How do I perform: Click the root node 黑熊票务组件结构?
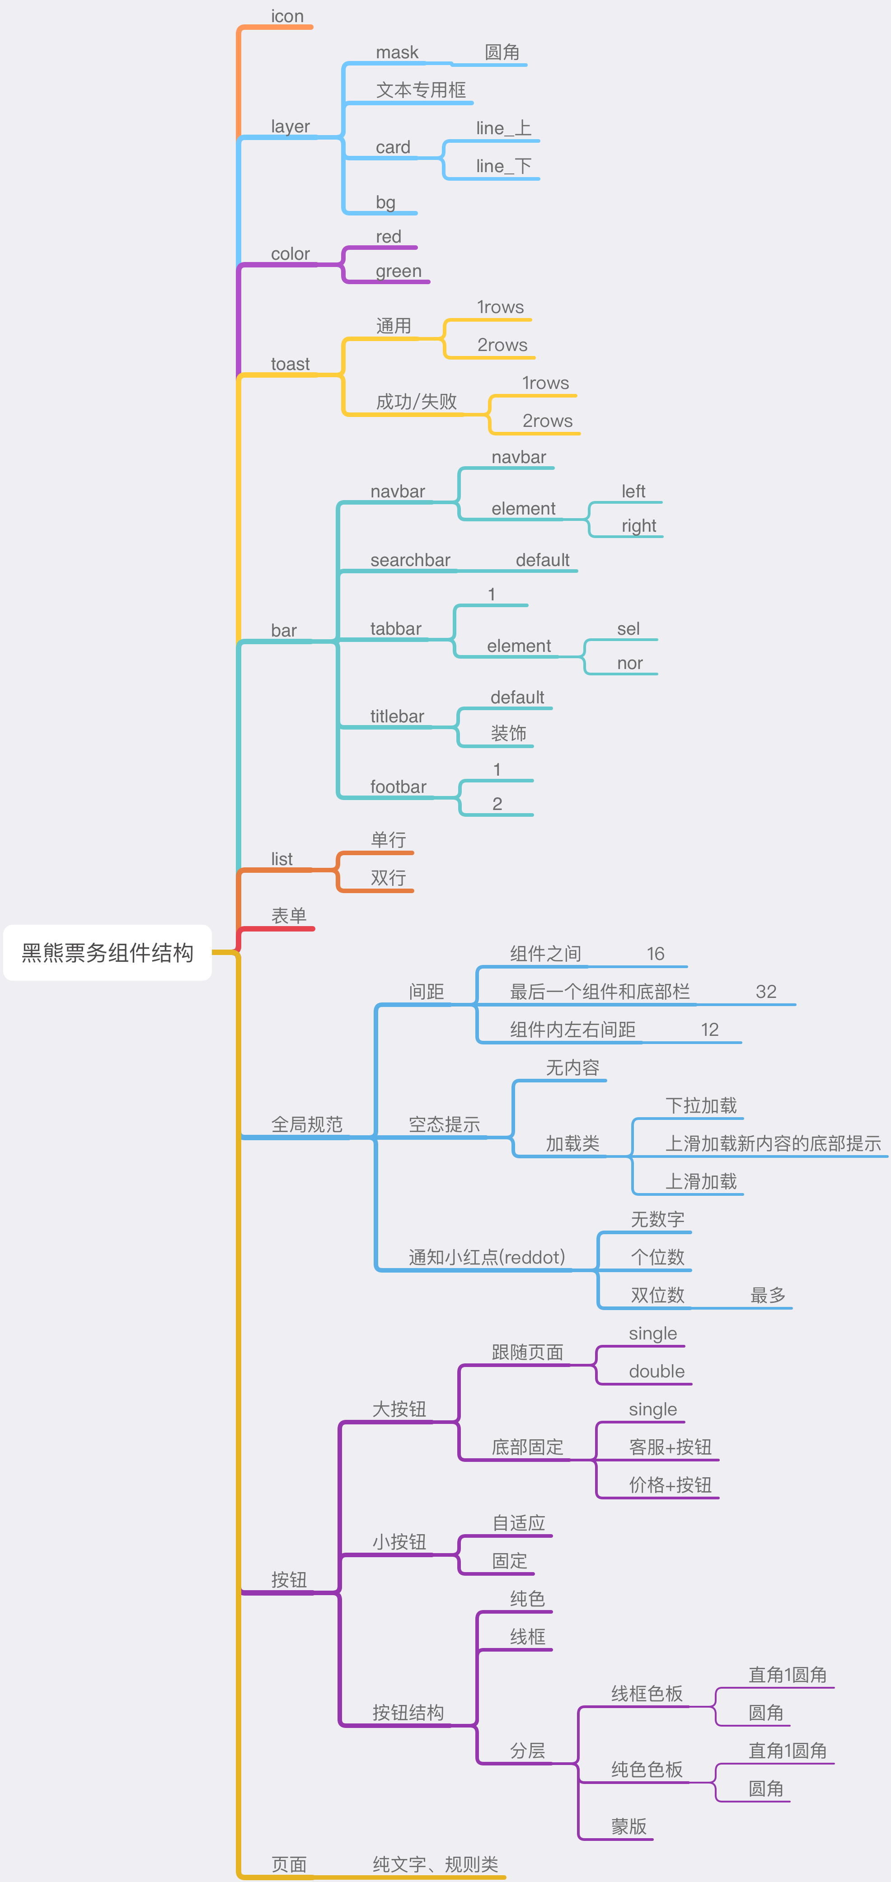click(108, 953)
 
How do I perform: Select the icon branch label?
click(287, 16)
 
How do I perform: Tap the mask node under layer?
click(397, 52)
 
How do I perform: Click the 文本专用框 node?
click(421, 90)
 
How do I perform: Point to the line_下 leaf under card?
click(504, 167)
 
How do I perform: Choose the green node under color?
click(399, 271)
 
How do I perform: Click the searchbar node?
click(410, 560)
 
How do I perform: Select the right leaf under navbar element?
click(639, 526)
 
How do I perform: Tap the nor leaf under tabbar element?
click(630, 663)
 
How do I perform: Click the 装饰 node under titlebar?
click(509, 734)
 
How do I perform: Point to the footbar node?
click(399, 787)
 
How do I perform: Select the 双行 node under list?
click(388, 877)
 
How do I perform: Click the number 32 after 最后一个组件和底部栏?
click(766, 992)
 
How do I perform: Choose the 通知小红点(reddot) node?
click(487, 1257)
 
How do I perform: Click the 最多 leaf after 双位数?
click(768, 1295)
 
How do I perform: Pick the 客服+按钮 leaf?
click(670, 1447)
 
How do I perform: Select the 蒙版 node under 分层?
click(629, 1826)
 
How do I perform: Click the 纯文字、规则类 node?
click(436, 1864)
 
